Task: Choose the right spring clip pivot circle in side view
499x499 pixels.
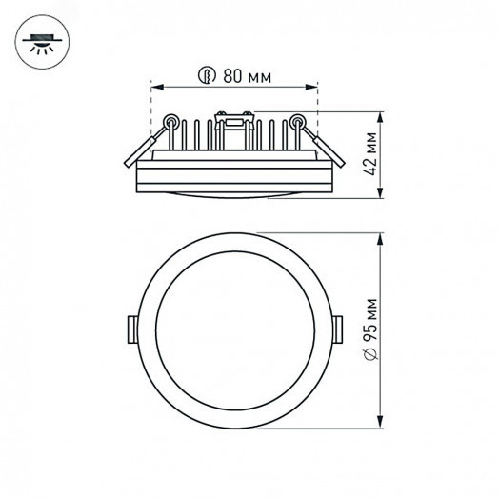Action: [x=298, y=122]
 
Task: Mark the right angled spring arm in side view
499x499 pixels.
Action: [x=322, y=148]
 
